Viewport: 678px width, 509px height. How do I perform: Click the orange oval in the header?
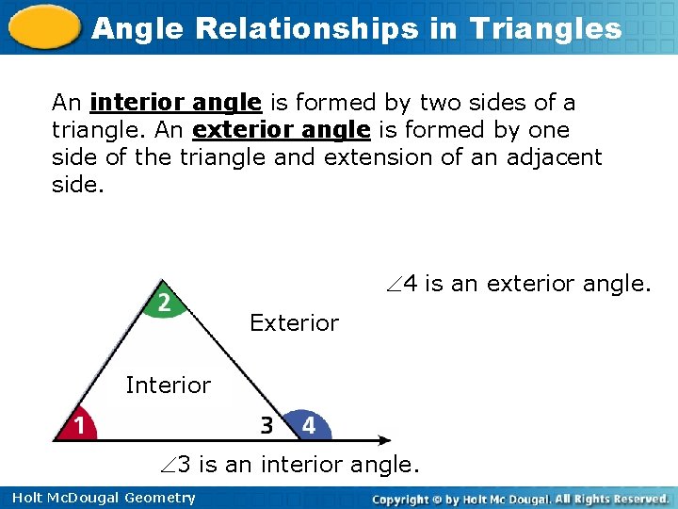point(45,27)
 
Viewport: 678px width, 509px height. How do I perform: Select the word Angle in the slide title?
point(132,28)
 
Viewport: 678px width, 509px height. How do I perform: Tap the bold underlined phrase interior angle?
point(176,103)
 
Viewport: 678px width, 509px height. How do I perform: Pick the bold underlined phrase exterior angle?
point(281,129)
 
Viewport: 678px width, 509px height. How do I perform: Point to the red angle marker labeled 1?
point(77,426)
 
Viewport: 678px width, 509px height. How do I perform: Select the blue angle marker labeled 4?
point(308,425)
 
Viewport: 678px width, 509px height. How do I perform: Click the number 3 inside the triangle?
point(267,426)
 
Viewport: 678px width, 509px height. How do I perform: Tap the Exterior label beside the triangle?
point(294,323)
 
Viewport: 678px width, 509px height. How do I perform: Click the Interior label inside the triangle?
point(168,385)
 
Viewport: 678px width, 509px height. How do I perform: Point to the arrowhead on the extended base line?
point(384,439)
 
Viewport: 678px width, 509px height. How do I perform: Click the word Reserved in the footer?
point(638,498)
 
